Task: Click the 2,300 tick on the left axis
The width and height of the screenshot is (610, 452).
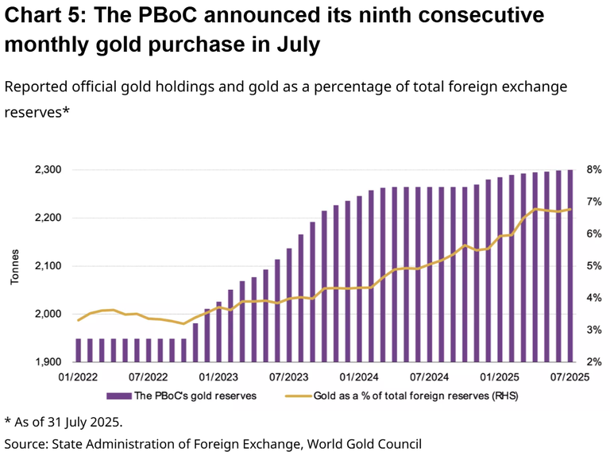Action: (x=48, y=170)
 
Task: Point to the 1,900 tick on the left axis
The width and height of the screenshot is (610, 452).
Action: (x=48, y=362)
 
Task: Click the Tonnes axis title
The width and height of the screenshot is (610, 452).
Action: (x=15, y=266)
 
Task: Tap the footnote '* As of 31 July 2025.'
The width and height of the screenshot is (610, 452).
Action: (x=64, y=421)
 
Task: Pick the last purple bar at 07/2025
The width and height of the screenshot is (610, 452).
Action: (x=570, y=266)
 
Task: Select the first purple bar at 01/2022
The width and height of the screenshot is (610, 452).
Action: (x=78, y=350)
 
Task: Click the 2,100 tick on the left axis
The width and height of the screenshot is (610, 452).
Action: (x=48, y=266)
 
